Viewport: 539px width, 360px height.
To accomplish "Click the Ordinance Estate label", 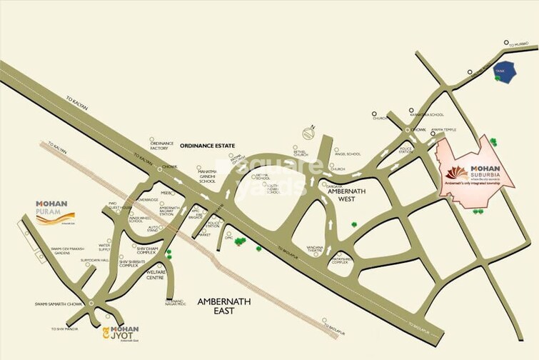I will point(207,145).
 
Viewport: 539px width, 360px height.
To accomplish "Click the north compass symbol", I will point(309,133).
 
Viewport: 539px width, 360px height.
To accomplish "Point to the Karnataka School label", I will point(426,114).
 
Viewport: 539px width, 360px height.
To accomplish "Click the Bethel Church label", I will point(300,153).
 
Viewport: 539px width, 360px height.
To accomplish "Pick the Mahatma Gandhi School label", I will point(207,176).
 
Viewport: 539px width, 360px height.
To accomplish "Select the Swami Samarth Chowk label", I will point(59,304).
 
